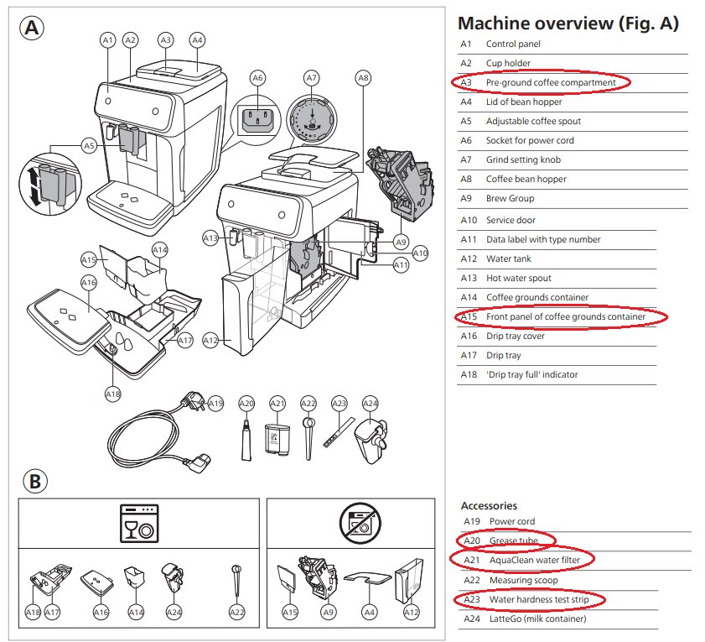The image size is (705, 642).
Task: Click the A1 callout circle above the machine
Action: point(107,40)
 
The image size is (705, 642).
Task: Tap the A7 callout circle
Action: point(312,78)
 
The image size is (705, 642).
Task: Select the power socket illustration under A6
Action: point(257,120)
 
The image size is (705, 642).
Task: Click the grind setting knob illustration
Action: point(312,119)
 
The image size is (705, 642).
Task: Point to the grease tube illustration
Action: point(246,441)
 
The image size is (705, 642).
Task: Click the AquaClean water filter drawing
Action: point(276,439)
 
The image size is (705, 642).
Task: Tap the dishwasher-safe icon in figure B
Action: point(139,524)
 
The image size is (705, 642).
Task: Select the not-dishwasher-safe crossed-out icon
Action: point(360,524)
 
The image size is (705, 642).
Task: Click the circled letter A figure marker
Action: point(32,29)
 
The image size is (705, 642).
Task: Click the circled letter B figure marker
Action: point(35,481)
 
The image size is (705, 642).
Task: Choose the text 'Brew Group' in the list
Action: point(510,198)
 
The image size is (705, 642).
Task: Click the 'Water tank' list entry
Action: point(509,258)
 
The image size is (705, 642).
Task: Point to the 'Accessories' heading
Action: point(489,505)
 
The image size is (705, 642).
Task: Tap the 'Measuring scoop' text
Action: point(523,581)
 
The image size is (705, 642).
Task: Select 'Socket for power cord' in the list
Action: point(530,140)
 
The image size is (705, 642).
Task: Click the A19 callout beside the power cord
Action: point(215,404)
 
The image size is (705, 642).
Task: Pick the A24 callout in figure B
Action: point(174,613)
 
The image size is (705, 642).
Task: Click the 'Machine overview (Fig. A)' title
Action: point(568,23)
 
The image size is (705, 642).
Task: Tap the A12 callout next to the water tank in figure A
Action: point(210,341)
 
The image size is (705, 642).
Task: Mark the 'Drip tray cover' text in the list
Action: point(516,336)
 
